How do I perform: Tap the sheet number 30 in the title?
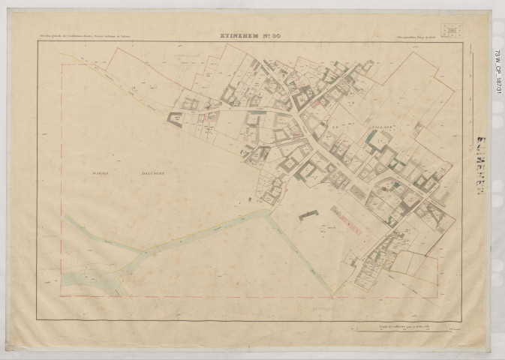click(275, 35)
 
